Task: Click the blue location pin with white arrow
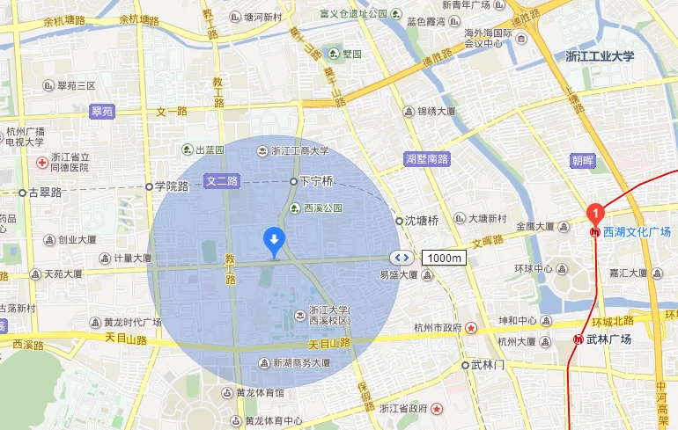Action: point(274,239)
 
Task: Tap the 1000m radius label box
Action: point(445,258)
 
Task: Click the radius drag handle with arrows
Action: point(402,258)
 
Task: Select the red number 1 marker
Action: point(595,212)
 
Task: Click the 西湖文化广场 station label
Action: point(637,233)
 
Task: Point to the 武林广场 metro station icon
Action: point(579,339)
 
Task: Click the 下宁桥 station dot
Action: point(293,181)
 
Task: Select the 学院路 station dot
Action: point(149,186)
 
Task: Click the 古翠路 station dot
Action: point(23,192)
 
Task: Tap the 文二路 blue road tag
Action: point(222,181)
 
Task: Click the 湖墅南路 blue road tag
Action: point(427,159)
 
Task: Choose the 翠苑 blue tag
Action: point(102,112)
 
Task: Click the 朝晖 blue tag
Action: point(583,161)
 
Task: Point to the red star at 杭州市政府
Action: point(472,328)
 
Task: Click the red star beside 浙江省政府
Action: point(436,409)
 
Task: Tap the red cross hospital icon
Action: point(41,164)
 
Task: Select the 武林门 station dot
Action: point(466,364)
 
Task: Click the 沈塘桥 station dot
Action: point(399,221)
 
